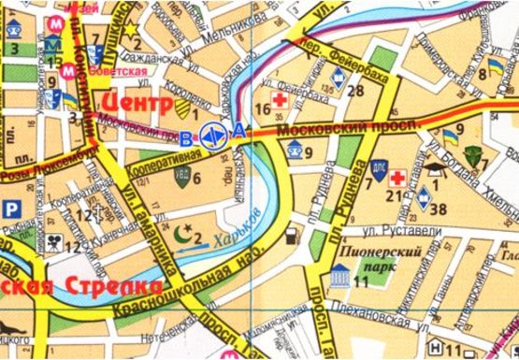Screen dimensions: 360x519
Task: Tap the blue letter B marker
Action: pyautogui.click(x=187, y=135)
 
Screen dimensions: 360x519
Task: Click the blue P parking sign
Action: pyautogui.click(x=11, y=209)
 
